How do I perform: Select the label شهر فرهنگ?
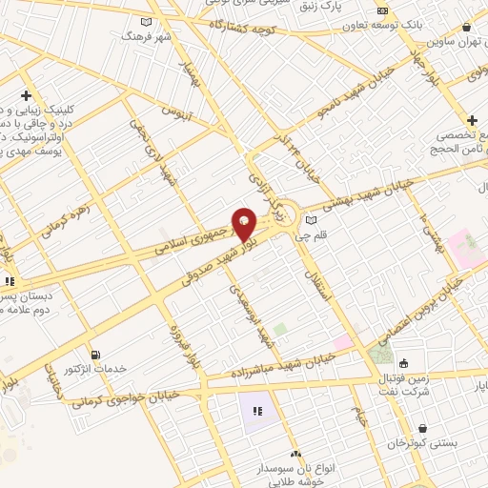(x=144, y=34)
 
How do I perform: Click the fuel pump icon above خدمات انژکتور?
(x=92, y=355)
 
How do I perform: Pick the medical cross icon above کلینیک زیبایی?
(x=25, y=95)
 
